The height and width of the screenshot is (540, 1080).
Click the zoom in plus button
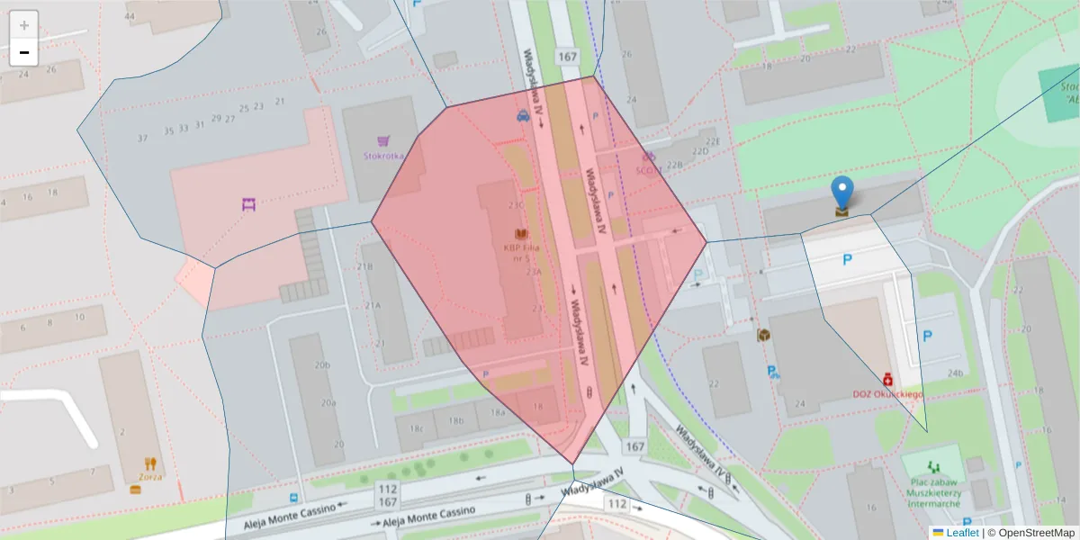point(24,24)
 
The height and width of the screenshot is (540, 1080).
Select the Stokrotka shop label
point(383,155)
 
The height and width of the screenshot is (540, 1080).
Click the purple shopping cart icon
point(383,141)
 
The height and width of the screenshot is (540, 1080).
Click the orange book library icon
point(521,234)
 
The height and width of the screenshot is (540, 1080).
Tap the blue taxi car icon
point(523,115)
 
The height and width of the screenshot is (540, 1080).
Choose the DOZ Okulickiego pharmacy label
point(888,394)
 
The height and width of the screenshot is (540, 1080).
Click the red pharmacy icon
point(887,380)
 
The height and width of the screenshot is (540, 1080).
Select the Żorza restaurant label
point(150,477)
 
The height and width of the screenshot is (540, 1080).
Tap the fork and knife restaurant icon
point(150,463)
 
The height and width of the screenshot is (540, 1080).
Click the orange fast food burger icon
point(136,490)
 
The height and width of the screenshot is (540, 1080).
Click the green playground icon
point(932,467)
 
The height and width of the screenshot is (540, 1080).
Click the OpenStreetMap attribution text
point(1031,533)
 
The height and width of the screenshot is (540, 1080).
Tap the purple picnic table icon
point(248,204)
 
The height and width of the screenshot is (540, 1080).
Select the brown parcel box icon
point(763,335)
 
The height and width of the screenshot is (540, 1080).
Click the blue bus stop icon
point(294,497)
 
